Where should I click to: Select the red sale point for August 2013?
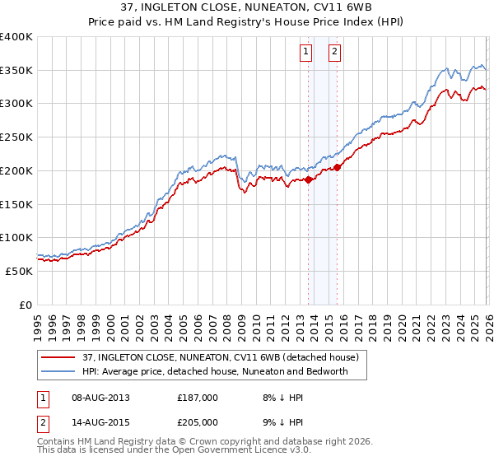point(309,179)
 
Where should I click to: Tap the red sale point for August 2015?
point(338,167)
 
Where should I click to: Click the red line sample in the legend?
point(59,358)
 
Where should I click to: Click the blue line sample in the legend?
point(59,371)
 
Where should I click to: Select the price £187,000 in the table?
point(198,398)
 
